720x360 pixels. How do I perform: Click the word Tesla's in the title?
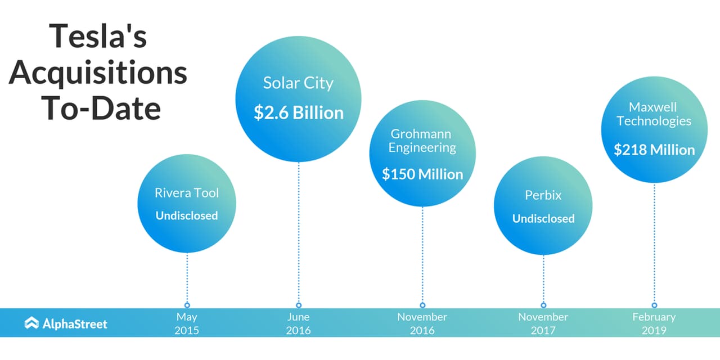click(x=98, y=36)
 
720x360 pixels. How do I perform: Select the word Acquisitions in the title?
click(x=98, y=73)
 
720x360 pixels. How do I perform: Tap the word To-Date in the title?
click(x=101, y=108)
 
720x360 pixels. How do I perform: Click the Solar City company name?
click(x=298, y=83)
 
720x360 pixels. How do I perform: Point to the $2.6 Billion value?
click(x=299, y=113)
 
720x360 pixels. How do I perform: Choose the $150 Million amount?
click(x=422, y=174)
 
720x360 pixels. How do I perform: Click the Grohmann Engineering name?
click(x=422, y=141)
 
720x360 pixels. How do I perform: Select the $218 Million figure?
click(x=654, y=150)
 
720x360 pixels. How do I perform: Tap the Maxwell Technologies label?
click(x=654, y=114)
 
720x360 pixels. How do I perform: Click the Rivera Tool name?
click(x=187, y=193)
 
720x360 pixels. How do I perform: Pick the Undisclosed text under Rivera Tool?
click(x=187, y=215)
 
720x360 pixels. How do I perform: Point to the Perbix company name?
click(x=543, y=195)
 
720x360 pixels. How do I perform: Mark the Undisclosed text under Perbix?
click(x=543, y=219)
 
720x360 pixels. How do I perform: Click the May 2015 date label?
click(x=187, y=323)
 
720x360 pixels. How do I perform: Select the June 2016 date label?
click(x=298, y=323)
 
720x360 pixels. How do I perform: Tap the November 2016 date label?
click(x=422, y=323)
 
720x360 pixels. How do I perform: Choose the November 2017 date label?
click(x=543, y=323)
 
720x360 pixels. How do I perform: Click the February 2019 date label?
click(x=654, y=323)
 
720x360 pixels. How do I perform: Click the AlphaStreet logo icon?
click(x=31, y=323)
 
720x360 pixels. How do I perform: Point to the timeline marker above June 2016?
click(x=299, y=305)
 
